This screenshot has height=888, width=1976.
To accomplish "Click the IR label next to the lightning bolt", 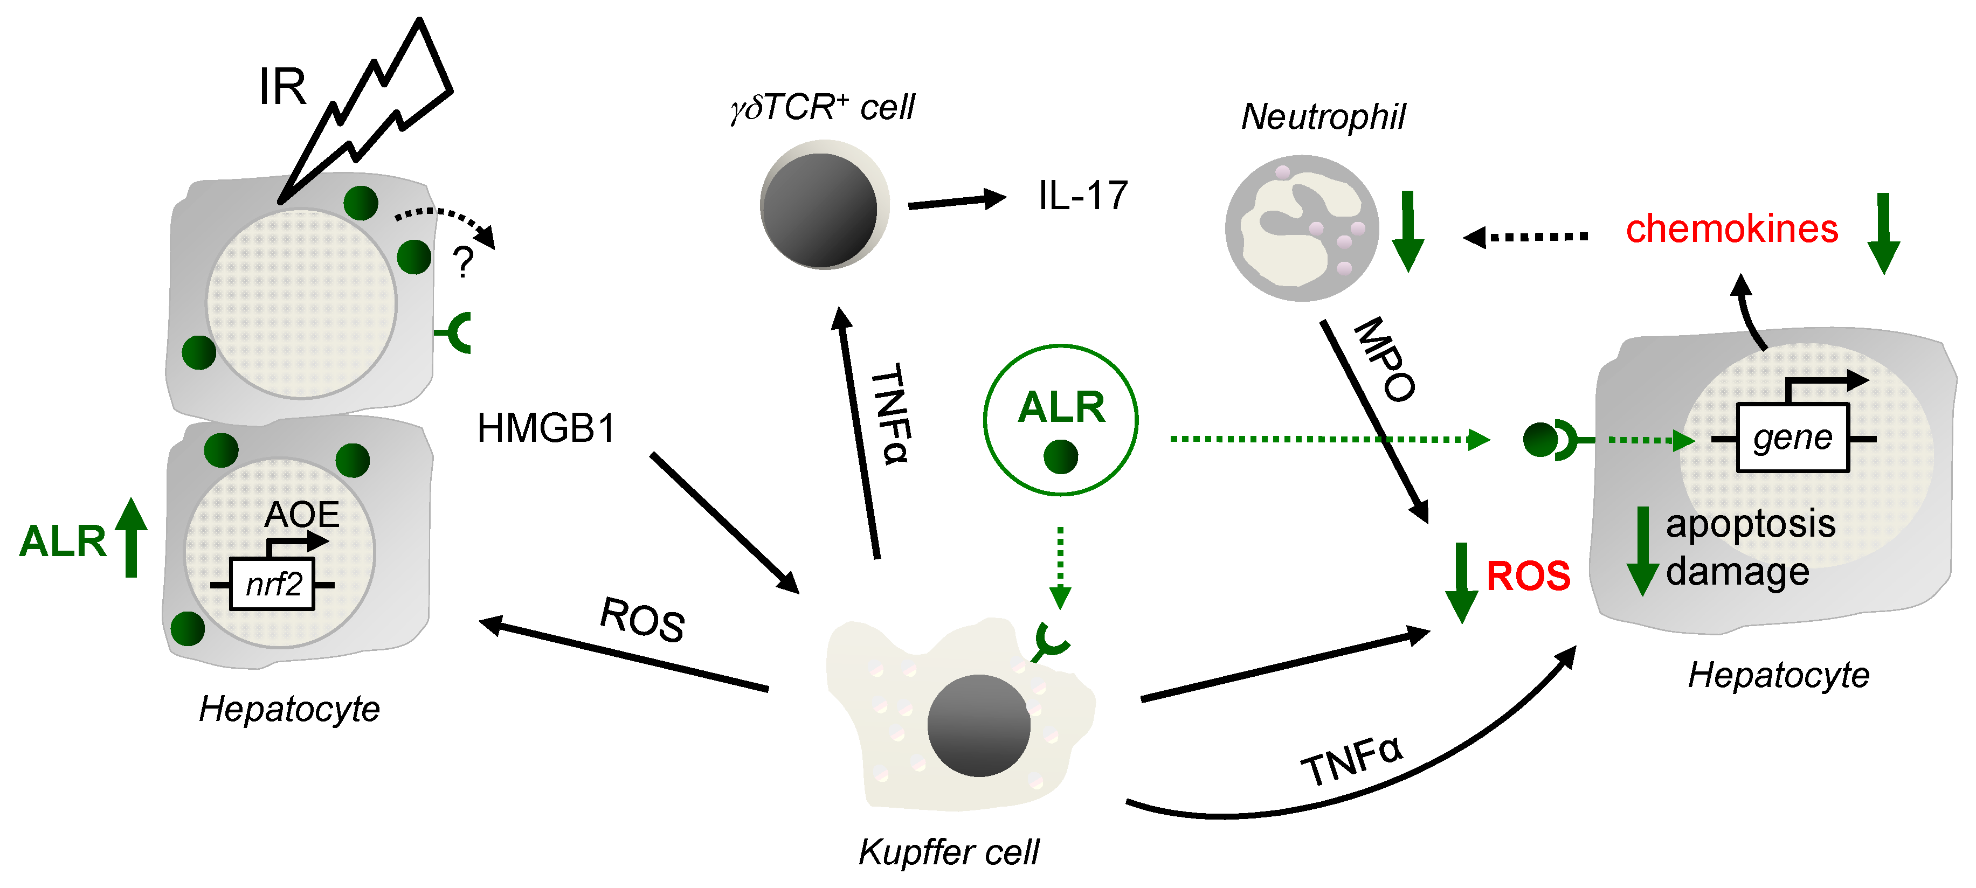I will click(282, 87).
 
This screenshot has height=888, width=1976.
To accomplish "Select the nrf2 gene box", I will click(272, 585).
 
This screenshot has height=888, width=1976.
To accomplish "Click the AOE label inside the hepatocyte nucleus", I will click(301, 515).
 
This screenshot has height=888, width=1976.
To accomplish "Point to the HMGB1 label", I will click(545, 428).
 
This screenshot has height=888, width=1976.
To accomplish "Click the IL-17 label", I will click(1082, 196).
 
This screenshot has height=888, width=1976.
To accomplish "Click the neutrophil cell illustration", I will click(1302, 228).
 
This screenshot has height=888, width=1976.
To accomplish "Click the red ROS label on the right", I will click(1528, 576).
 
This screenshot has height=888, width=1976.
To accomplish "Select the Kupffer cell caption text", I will click(948, 852).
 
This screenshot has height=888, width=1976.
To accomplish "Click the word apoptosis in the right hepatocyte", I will click(1751, 524).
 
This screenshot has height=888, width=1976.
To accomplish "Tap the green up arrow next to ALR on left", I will click(131, 538).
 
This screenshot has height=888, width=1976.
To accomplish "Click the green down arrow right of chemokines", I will click(1883, 233).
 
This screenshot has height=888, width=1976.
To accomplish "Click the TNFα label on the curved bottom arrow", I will click(1352, 761).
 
